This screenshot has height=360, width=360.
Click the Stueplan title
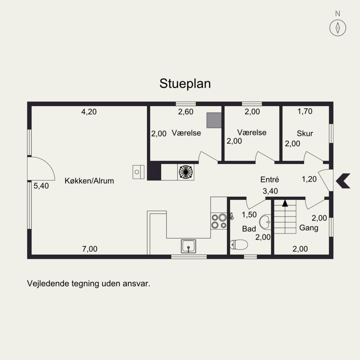[x=185, y=84]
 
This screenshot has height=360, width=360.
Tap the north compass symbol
[x=337, y=28]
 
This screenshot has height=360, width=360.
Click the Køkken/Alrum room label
[x=89, y=181]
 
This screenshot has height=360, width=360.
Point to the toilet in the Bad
[x=239, y=244]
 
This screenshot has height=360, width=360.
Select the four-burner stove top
[x=219, y=221]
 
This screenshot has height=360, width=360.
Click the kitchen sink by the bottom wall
[x=189, y=246]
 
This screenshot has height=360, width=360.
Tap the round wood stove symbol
[x=186, y=172]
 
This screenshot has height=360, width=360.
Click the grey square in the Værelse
[x=214, y=120]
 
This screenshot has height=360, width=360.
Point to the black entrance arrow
[x=343, y=181]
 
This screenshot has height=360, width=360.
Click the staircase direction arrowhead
[x=285, y=203]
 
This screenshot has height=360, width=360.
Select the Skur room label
[x=305, y=133]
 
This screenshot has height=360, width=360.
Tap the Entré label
[x=270, y=179]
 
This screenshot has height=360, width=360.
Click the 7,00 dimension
[x=90, y=249]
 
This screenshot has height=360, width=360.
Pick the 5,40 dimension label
[x=41, y=186]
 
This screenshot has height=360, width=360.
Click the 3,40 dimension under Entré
[x=270, y=191]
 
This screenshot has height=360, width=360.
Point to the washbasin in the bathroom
[x=265, y=222]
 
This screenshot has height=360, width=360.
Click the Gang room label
[x=309, y=228]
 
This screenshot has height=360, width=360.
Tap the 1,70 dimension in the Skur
[x=305, y=111]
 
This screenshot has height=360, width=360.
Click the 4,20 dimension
[x=89, y=112]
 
